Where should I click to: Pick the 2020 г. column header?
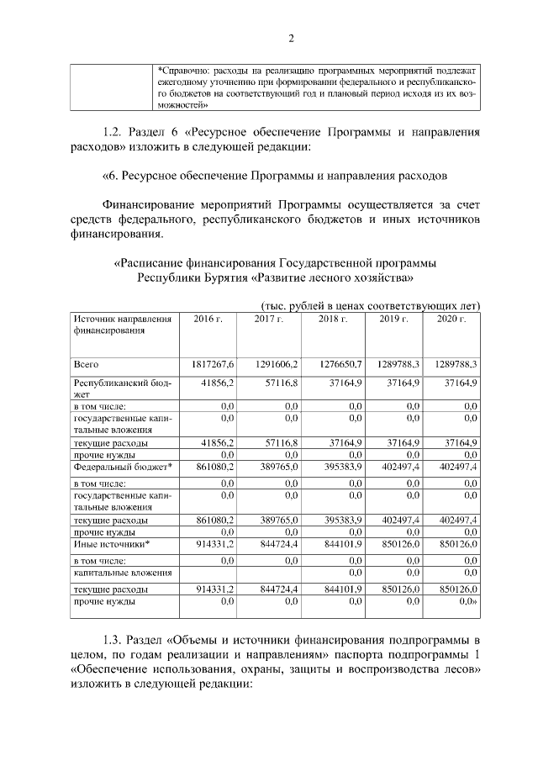coord(451,320)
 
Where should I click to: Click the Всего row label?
coord(87,364)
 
